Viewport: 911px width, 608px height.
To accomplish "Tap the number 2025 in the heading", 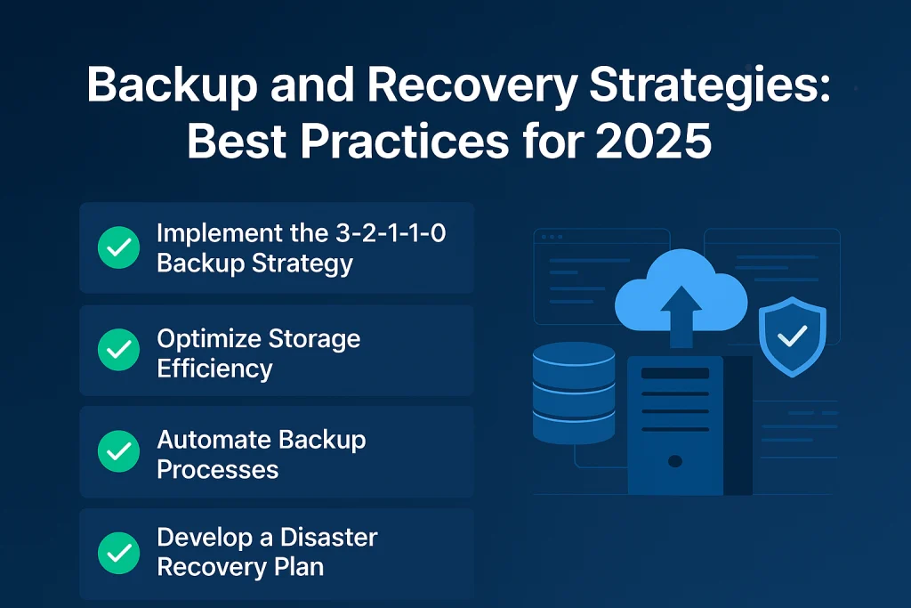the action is coord(653,142).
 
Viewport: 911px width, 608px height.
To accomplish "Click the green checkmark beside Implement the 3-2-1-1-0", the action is coord(118,247).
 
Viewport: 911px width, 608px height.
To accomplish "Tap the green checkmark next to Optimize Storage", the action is coord(118,350).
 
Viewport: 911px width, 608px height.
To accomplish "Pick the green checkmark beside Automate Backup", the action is coord(118,451).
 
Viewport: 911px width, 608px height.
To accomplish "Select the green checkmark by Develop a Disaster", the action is coord(118,554).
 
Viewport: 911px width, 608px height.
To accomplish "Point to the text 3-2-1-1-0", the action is coord(391,233).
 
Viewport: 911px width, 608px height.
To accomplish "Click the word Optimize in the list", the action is coord(209,340).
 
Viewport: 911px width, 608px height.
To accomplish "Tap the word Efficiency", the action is coord(214,369).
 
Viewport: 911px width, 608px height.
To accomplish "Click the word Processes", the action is coord(218,470).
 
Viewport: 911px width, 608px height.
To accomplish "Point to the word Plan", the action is coord(300,567).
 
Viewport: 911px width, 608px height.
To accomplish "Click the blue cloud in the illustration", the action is coord(681,290).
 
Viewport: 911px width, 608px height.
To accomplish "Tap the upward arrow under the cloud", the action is coord(681,318).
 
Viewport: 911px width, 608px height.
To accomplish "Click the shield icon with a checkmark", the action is coord(793,336).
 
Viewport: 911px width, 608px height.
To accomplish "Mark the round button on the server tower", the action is coord(675,461).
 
